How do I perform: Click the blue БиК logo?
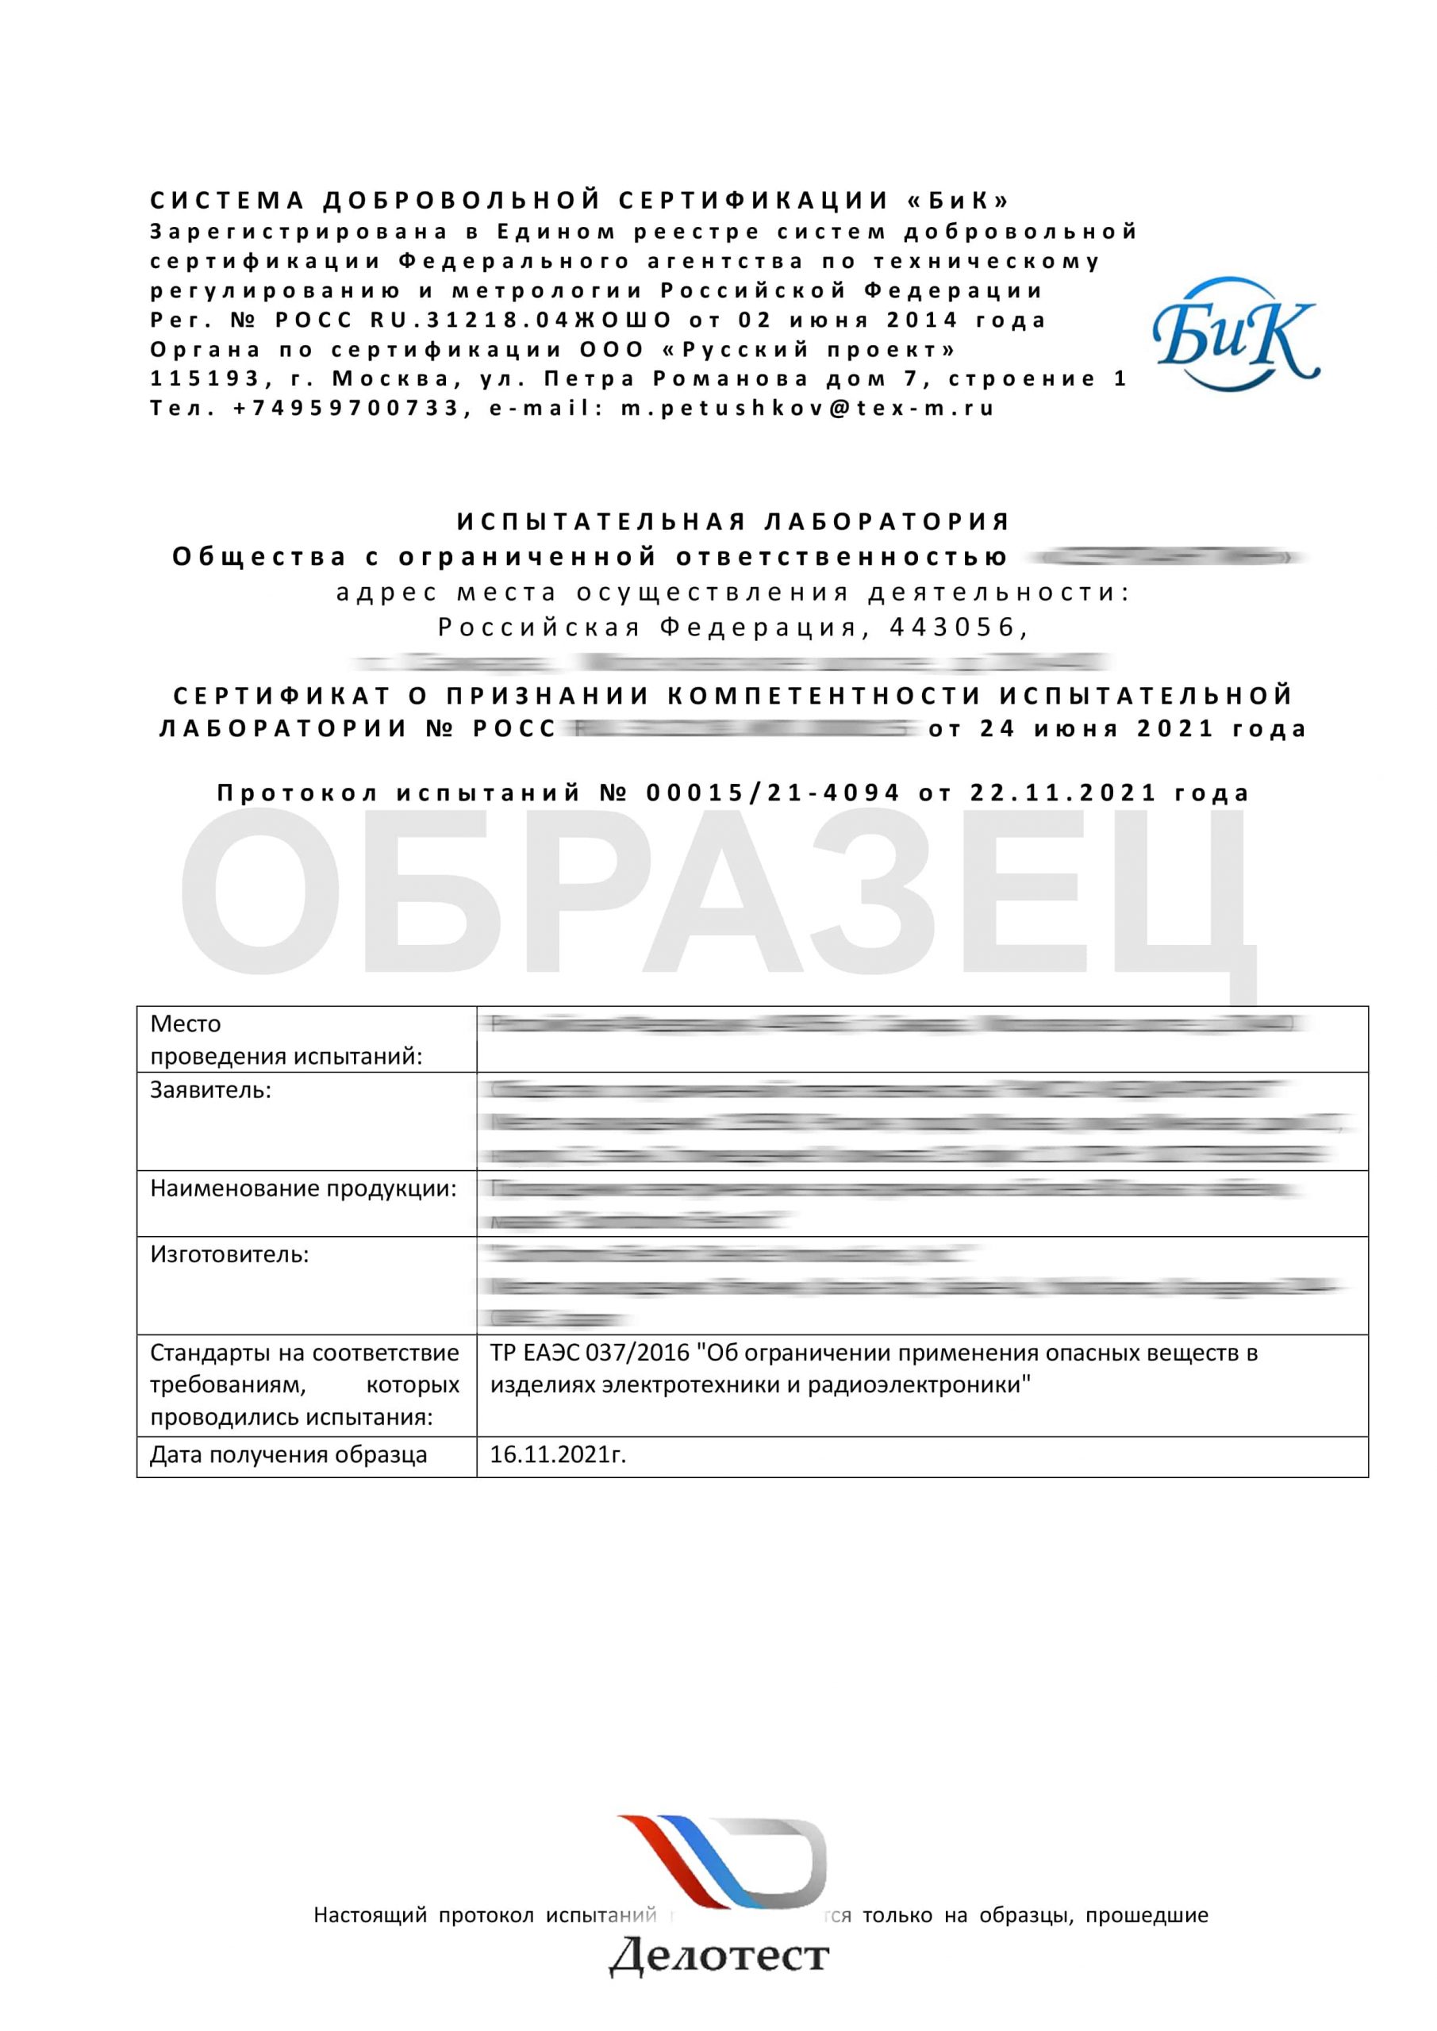pos(1235,336)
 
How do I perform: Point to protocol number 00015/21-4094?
pos(773,793)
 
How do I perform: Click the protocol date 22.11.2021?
pos(1063,793)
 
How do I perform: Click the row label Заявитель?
pos(210,1091)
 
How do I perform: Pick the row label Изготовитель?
pos(229,1254)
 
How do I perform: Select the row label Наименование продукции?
pos(303,1189)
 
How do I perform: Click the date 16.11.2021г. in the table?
pos(558,1455)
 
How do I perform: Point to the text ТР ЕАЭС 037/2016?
pos(590,1353)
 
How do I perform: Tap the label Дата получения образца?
pos(289,1455)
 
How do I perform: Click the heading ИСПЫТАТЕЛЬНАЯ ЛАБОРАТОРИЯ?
pos(733,522)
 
